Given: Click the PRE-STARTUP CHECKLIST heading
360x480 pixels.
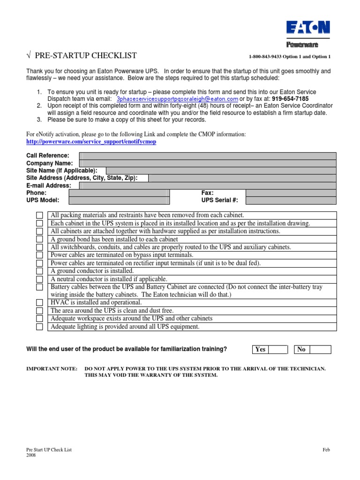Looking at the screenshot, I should pos(82,56).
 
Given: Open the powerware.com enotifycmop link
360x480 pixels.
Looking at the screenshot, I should pos(91,142).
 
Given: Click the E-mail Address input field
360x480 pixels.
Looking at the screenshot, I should pos(208,186).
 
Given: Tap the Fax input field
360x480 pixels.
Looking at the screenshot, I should pos(291,193).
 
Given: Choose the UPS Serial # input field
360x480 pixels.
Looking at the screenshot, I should pos(291,200).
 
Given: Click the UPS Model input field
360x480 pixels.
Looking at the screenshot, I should pos(119,200).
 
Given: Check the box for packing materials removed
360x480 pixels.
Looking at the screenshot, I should pos(39,215).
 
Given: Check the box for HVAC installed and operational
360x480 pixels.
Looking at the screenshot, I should pos(39,303).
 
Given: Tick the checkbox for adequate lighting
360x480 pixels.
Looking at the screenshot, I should pos(39,327).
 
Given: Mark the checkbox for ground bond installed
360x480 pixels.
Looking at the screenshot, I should pos(39,239).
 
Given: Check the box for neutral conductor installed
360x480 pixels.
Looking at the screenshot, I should pos(39,279).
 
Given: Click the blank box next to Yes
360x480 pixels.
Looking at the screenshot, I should pos(278,349).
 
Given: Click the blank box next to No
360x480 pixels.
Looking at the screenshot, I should pos(320,349).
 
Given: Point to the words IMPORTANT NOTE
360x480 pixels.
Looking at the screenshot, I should pos(52,369).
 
